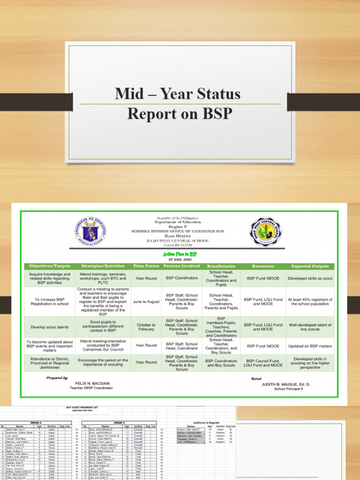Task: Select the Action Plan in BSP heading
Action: (x=180, y=254)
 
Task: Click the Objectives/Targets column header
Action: (x=50, y=266)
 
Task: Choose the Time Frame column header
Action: (x=146, y=266)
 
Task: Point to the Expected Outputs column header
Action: (x=310, y=266)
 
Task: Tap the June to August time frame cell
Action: (x=146, y=302)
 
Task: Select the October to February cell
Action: (x=146, y=327)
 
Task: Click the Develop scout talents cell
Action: (x=50, y=327)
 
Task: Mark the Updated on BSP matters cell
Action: (x=310, y=345)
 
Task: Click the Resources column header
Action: (x=263, y=266)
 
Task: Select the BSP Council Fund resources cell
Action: (x=263, y=362)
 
